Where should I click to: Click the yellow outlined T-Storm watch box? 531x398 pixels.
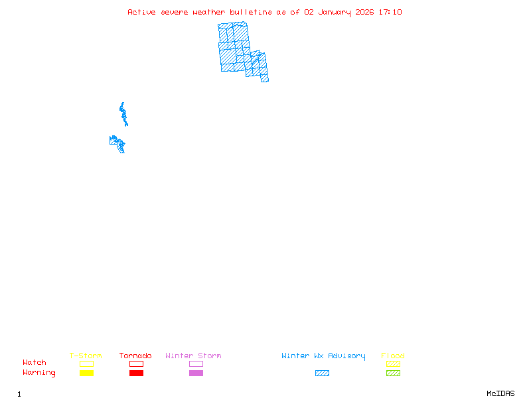(x=86, y=364)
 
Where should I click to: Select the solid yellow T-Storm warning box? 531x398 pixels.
(x=86, y=373)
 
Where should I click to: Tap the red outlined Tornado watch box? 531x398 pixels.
(x=136, y=364)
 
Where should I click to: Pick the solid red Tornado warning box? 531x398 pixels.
(x=136, y=373)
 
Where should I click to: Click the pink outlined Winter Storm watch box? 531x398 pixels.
(x=196, y=364)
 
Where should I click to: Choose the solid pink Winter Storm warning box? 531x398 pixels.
(x=196, y=373)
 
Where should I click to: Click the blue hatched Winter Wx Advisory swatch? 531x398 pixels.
(x=322, y=373)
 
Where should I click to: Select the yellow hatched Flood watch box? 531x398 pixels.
(x=393, y=364)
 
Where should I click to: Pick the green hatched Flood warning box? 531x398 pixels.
(x=393, y=373)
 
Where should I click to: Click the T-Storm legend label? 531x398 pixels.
(x=86, y=356)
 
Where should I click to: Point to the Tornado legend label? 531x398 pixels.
(x=135, y=356)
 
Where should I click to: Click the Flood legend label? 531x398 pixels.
(x=393, y=356)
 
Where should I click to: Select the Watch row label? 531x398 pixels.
(x=35, y=363)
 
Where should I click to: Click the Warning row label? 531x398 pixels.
(x=39, y=373)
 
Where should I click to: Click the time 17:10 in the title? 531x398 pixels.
(x=390, y=12)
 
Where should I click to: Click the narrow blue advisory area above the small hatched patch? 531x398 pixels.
(x=123, y=114)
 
